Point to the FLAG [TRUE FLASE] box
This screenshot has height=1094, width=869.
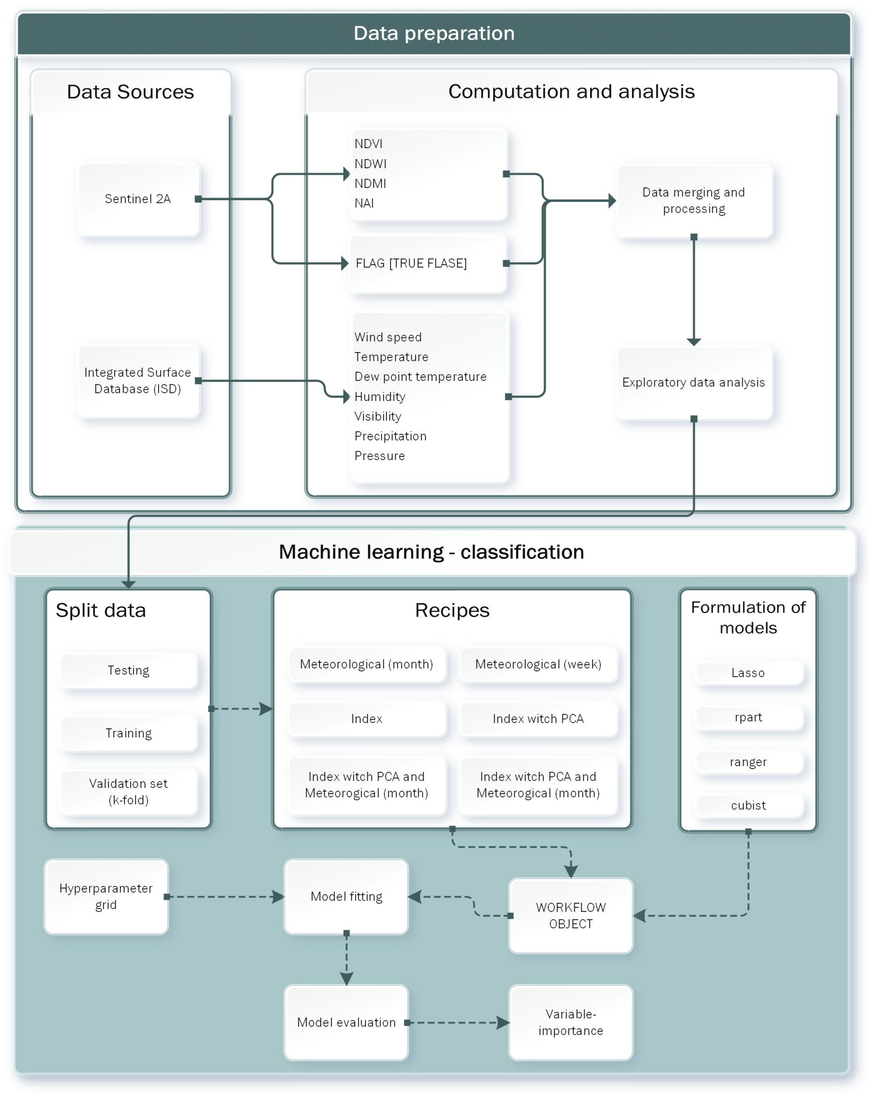pos(428,263)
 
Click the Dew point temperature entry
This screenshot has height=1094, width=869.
pos(420,376)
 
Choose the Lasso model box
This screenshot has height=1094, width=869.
pos(748,673)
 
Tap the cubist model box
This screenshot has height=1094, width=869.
pos(748,805)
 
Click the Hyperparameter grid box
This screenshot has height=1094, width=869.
pos(106,897)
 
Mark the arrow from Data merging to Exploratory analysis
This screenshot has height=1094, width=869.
pos(694,290)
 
